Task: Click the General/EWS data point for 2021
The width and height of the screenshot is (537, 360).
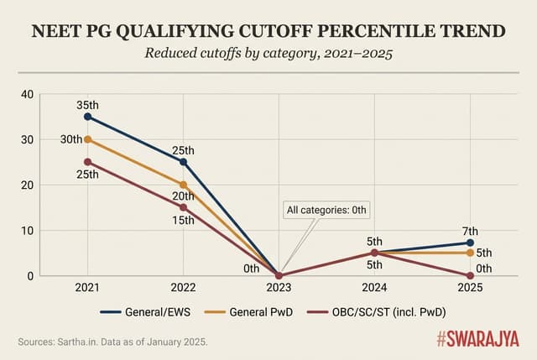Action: coord(87,117)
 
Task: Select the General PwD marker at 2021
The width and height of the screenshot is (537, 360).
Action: coord(87,139)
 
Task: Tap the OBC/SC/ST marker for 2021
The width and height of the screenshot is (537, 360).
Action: coord(87,162)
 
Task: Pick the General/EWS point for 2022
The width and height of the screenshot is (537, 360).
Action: coord(183,162)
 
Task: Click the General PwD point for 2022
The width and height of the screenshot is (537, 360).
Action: coord(183,185)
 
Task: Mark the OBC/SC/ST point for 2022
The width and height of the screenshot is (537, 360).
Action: coord(183,207)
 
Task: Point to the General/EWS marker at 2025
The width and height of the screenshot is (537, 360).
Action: coord(470,243)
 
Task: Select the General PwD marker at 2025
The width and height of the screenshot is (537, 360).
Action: coord(470,253)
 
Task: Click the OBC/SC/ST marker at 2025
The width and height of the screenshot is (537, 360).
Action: coord(470,275)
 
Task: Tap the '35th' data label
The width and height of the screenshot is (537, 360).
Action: coord(87,104)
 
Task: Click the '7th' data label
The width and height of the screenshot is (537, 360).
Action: coord(470,231)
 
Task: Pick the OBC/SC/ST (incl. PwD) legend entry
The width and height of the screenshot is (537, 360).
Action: coord(370,311)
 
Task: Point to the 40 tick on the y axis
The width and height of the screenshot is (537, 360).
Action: coord(26,94)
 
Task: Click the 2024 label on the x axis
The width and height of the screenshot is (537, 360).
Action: coord(374,288)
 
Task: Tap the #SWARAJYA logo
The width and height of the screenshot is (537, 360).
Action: coord(478,339)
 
